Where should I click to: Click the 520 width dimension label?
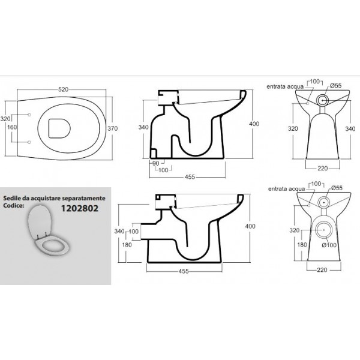pos(63,89)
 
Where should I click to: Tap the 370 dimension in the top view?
pos(113,128)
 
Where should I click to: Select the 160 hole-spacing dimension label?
pos(12,127)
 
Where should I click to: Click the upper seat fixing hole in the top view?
pos(29,115)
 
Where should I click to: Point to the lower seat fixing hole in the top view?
pos(29,142)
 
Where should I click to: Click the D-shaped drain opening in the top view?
pos(59,128)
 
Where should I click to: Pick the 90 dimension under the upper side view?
pos(155,163)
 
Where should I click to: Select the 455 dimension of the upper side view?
pos(190,177)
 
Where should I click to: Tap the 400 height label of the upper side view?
pos(254,124)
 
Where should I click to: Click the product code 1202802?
pos(80,208)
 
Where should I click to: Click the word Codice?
pos(14,205)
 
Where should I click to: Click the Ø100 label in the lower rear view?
pos(329,245)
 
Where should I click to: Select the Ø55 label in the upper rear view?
pos(336,86)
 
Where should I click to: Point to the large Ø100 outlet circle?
pos(324,230)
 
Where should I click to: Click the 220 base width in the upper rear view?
pos(323,168)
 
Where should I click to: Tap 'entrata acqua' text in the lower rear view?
pos(287,189)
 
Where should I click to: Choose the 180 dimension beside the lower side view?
pos(127,245)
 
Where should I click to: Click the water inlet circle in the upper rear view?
pos(308,103)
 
